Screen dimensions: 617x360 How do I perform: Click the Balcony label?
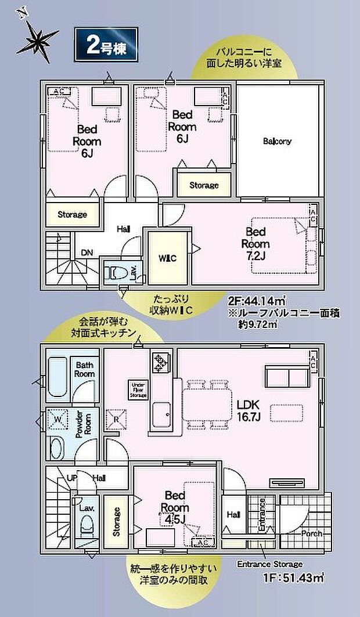(x=277, y=141)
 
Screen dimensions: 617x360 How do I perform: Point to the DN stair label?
(x=87, y=252)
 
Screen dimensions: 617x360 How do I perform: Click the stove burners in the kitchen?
(x=160, y=363)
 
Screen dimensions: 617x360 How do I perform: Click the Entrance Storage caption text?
(x=269, y=564)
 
